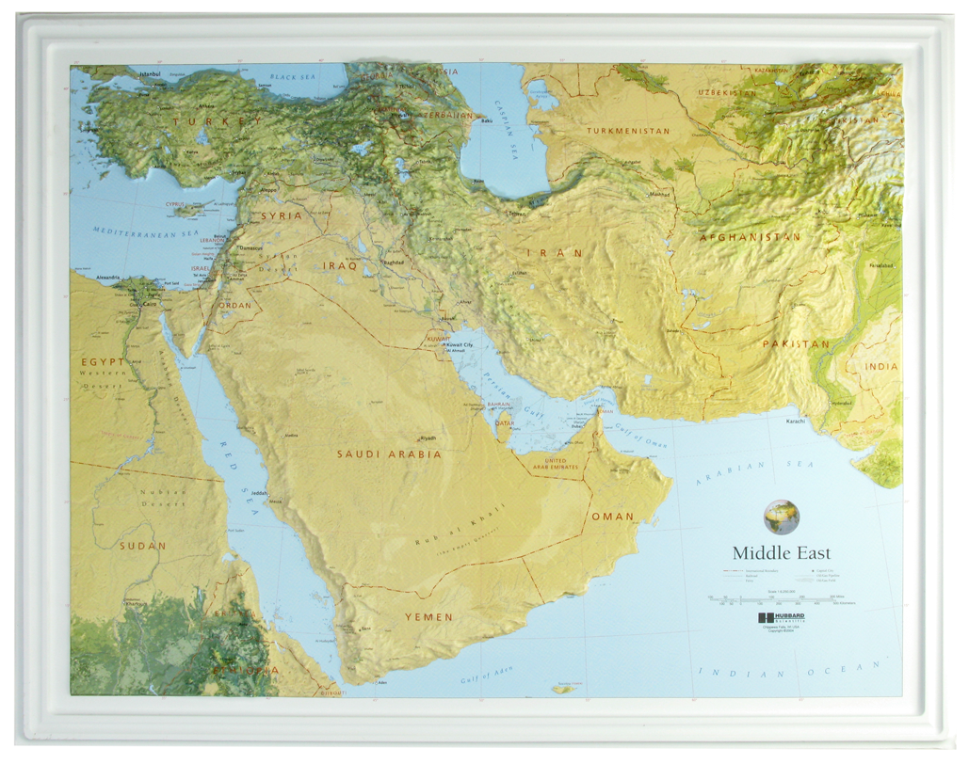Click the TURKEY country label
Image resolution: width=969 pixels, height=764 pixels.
[218, 121]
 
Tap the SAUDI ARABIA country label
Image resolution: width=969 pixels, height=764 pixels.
[389, 454]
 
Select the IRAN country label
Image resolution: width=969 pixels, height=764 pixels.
[555, 253]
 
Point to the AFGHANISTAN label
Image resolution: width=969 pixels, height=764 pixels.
[750, 238]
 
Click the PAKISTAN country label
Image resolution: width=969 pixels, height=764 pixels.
[796, 344]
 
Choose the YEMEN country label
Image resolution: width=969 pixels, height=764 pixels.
[428, 617]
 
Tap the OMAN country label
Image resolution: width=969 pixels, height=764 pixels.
[612, 517]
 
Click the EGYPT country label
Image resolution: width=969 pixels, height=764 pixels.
[102, 362]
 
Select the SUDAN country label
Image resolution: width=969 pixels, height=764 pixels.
[142, 546]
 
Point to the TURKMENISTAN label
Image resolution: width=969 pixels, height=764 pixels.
[628, 131]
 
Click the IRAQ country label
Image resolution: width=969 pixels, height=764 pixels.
[340, 266]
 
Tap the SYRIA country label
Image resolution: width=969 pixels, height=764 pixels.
[282, 215]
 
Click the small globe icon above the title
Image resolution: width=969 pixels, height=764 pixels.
[781, 517]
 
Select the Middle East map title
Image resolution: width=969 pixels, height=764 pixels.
[782, 553]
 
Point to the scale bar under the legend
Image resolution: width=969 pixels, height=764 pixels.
[777, 599]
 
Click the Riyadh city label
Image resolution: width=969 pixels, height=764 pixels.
[428, 438]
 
